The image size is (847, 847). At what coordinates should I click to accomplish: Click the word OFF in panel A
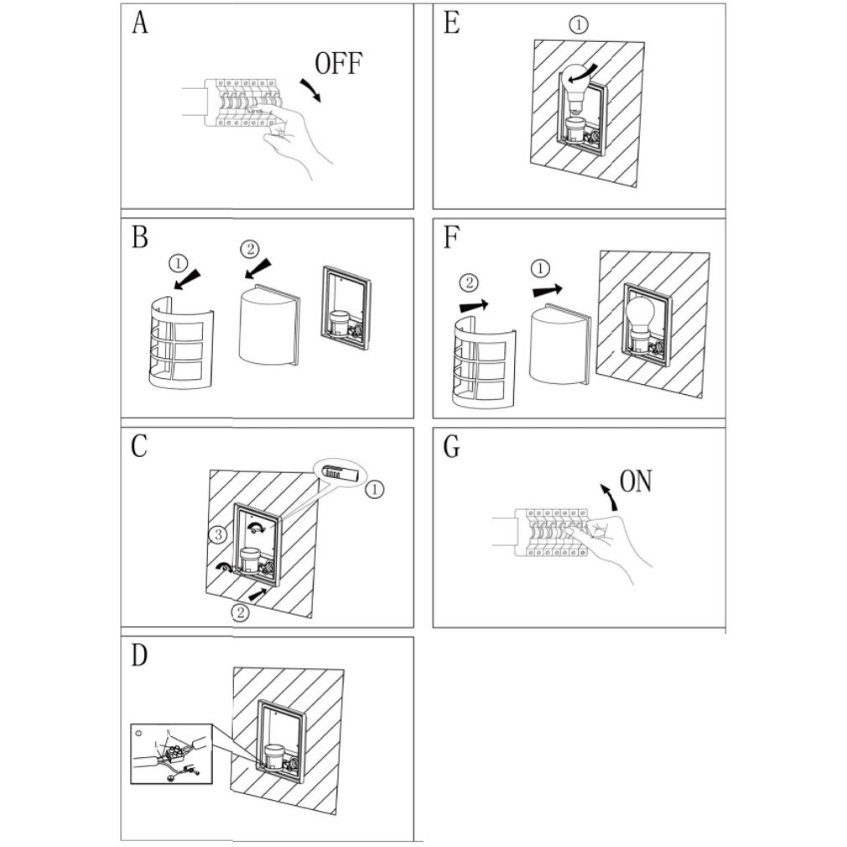pyautogui.click(x=339, y=64)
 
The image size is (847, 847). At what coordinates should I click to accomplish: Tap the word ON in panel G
pyautogui.click(x=635, y=481)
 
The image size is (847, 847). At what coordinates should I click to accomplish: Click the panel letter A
pyautogui.click(x=139, y=23)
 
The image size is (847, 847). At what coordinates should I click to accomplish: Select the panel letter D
pyautogui.click(x=139, y=654)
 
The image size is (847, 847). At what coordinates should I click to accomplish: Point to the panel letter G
pyautogui.click(x=451, y=447)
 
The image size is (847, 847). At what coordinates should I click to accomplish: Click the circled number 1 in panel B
pyautogui.click(x=178, y=263)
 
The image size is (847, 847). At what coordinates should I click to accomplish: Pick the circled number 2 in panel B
pyautogui.click(x=250, y=249)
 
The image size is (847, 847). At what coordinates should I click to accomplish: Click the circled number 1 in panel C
pyautogui.click(x=375, y=487)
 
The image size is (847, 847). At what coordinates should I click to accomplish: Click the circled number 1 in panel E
pyautogui.click(x=579, y=25)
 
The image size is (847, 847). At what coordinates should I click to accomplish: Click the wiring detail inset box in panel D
pyautogui.click(x=173, y=753)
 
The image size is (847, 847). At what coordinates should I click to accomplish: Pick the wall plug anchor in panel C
pyautogui.click(x=338, y=473)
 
